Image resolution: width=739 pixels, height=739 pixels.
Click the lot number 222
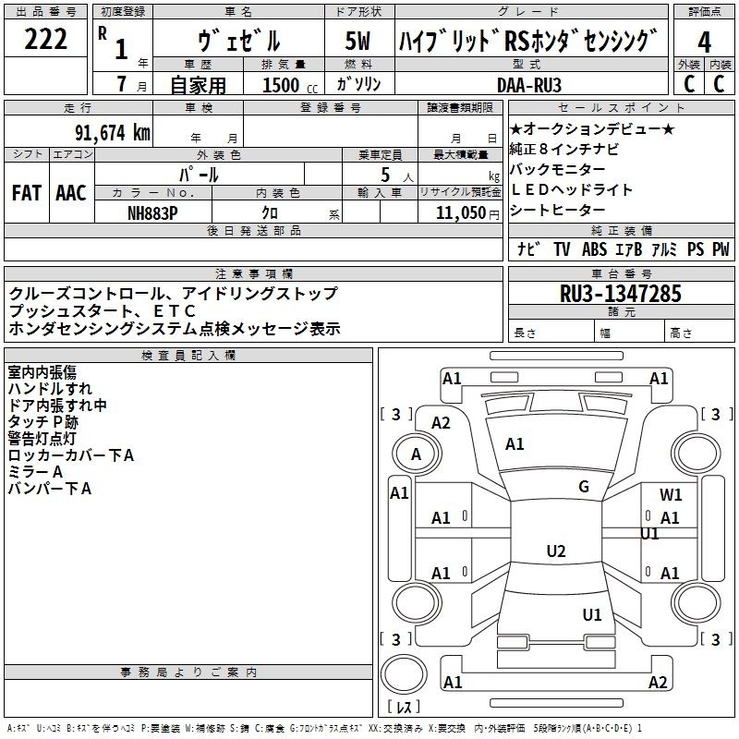[x=45, y=39]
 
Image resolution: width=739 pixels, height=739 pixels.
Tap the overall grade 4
[x=704, y=42]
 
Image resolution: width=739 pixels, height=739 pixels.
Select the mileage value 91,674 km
[x=113, y=133]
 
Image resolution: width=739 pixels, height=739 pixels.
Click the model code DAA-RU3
[x=529, y=85]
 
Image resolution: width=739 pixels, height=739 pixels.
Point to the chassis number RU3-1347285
[x=621, y=294]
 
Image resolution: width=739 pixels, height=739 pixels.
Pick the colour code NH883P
[x=152, y=213]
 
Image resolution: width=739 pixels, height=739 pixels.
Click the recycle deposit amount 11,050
[x=461, y=213]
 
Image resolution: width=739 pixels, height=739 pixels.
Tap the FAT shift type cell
[x=27, y=193]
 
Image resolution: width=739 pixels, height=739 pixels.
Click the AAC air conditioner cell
[x=71, y=193]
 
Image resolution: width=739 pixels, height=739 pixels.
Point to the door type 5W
[x=357, y=41]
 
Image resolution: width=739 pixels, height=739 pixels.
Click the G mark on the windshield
[x=584, y=487]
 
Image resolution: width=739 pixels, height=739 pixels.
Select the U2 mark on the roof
[x=556, y=551]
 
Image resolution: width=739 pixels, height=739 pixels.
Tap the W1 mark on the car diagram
[x=671, y=494]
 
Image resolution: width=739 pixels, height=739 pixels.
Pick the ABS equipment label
[x=594, y=248]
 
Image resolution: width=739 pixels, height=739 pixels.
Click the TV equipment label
[x=562, y=248]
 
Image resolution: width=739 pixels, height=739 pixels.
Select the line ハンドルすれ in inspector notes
[x=50, y=389]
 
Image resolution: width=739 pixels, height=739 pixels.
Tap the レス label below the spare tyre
[x=404, y=707]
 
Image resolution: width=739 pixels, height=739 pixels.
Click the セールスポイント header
[x=621, y=107]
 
